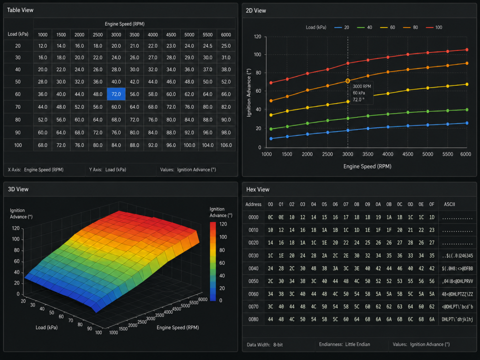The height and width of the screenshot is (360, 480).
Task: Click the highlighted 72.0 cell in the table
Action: pyautogui.click(x=116, y=94)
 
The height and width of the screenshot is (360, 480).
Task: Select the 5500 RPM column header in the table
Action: pyautogui.click(x=208, y=35)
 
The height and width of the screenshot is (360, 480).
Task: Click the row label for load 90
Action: pyautogui.click(x=18, y=133)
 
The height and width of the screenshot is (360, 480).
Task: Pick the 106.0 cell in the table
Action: pyautogui.click(x=226, y=145)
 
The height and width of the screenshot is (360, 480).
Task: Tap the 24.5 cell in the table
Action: pyautogui.click(x=208, y=46)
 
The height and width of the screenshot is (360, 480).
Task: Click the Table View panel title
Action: pyautogui.click(x=20, y=10)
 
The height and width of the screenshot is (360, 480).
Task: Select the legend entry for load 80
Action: pyautogui.click(x=410, y=27)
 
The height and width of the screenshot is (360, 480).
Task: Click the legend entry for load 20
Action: pyautogui.click(x=342, y=27)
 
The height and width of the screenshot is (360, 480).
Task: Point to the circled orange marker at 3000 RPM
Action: pyautogui.click(x=348, y=81)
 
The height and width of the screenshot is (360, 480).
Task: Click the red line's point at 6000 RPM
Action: pyautogui.click(x=467, y=50)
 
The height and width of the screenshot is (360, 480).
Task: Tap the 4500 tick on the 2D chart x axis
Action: pyautogui.click(x=408, y=154)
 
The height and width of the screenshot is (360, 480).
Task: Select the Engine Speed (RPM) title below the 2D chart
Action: pyautogui.click(x=367, y=166)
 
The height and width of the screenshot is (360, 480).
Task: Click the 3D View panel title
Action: pyautogui.click(x=18, y=189)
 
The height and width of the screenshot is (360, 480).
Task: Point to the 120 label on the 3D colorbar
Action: pyautogui.click(x=223, y=224)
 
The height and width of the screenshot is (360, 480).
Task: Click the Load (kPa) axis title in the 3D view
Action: pyautogui.click(x=46, y=328)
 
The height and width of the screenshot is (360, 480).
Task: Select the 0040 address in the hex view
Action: pyautogui.click(x=254, y=269)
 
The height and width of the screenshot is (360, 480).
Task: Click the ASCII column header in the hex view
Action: pyautogui.click(x=450, y=204)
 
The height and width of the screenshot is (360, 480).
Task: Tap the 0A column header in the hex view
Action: pyautogui.click(x=378, y=204)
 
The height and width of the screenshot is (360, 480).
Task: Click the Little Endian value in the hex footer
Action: pyautogui.click(x=358, y=345)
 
